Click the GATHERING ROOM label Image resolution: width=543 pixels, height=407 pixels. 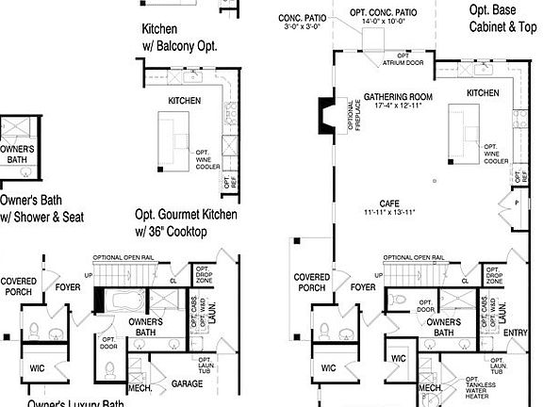coord(397,97)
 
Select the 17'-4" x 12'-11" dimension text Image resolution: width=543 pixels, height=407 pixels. coord(397,106)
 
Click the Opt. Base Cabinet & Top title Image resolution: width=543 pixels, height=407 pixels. coord(503,19)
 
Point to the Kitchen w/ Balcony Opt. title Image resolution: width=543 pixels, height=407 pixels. coord(187,37)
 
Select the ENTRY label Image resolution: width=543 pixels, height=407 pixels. coord(517,332)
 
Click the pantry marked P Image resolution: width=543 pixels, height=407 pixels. coord(517,202)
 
